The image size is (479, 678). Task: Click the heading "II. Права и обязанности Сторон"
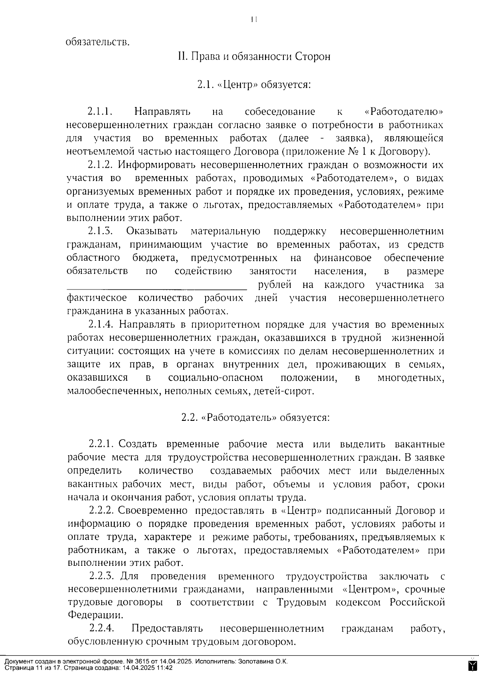click(254, 56)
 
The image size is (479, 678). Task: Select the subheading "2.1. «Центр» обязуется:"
click(254, 85)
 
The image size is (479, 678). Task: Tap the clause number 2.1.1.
click(99, 111)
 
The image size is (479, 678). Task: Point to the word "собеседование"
click(280, 112)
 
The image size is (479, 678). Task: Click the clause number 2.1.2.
click(101, 165)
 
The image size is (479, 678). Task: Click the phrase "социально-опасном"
click(216, 378)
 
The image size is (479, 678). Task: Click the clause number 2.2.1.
click(102, 444)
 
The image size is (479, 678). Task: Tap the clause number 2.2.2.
click(102, 511)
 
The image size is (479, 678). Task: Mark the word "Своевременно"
click(153, 511)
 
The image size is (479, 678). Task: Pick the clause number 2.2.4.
click(102, 628)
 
